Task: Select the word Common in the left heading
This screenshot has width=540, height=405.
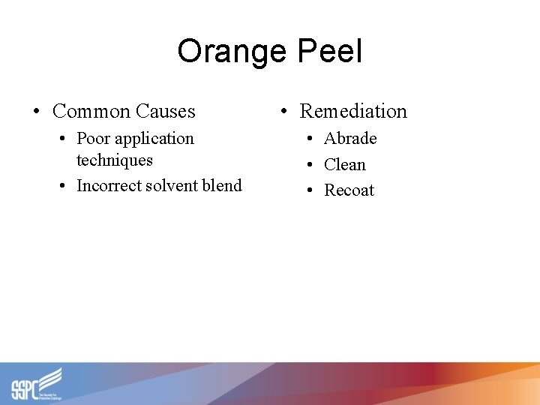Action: [x=91, y=112]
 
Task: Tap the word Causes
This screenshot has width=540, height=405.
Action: [x=166, y=112]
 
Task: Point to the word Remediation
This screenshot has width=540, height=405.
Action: [x=353, y=112]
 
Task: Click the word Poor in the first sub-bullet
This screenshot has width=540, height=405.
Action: [x=92, y=139]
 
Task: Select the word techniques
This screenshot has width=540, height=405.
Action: [x=115, y=160]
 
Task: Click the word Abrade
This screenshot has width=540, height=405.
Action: [x=350, y=139]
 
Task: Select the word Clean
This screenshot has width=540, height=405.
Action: [x=345, y=165]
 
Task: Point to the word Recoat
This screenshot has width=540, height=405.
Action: [x=349, y=190]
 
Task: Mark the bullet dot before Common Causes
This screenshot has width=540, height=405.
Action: [x=36, y=112]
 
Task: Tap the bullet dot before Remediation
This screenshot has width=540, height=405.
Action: [x=283, y=112]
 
